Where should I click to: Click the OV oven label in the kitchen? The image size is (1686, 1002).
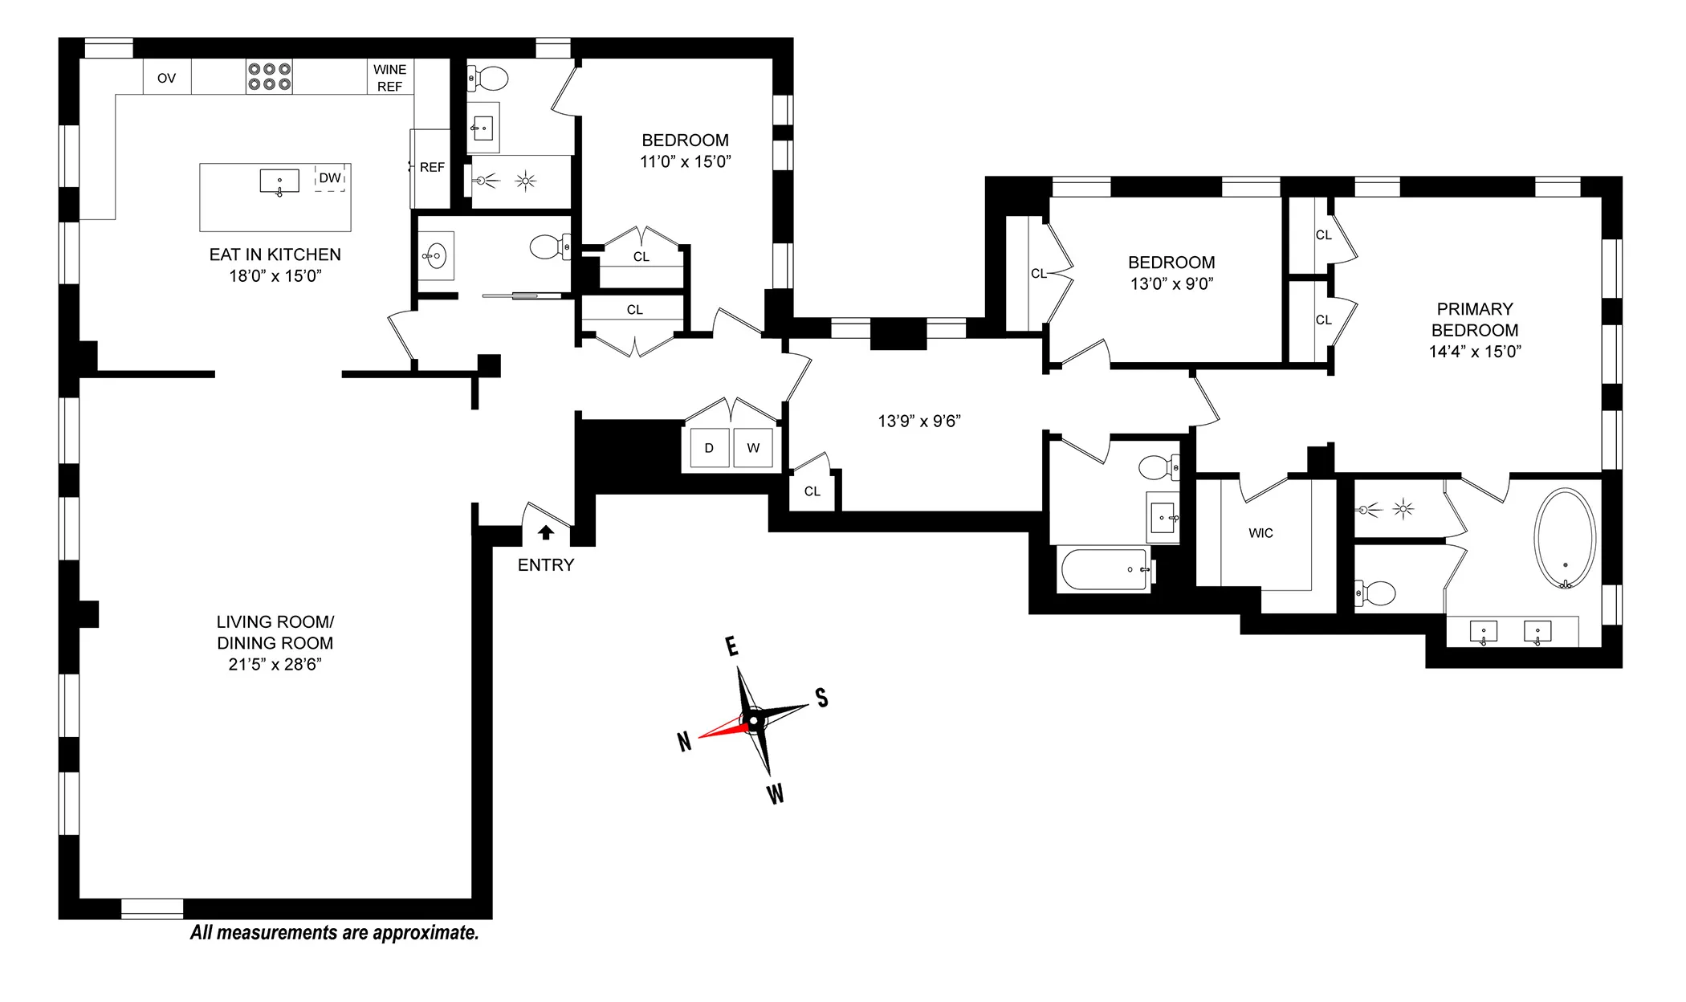pos(166,78)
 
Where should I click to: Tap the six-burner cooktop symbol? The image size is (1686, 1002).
pos(269,77)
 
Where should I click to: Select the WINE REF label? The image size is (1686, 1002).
pos(389,78)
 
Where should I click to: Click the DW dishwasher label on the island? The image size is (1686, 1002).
pos(330,178)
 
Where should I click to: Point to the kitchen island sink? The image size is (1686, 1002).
pos(279,181)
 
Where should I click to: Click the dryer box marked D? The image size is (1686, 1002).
pos(709,448)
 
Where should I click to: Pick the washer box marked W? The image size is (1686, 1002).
pos(753,448)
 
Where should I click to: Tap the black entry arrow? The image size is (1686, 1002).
pos(546,532)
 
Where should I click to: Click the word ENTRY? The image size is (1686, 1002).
pos(546,565)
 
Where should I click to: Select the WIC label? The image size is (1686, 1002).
pos(1260,533)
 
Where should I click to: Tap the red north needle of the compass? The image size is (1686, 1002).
pos(723,729)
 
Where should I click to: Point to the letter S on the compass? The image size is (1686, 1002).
pos(821,697)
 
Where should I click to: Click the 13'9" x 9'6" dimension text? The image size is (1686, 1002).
pos(919,422)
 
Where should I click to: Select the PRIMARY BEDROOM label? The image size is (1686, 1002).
pos(1475,320)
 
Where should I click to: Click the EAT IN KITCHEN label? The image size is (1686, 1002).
pos(275,255)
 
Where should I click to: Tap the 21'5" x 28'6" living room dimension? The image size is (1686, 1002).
pos(275,664)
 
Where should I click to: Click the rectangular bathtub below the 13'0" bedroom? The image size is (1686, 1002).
pos(1104,569)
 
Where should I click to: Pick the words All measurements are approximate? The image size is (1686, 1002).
pos(334,933)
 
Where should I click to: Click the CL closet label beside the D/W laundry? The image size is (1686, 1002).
pos(812,491)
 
